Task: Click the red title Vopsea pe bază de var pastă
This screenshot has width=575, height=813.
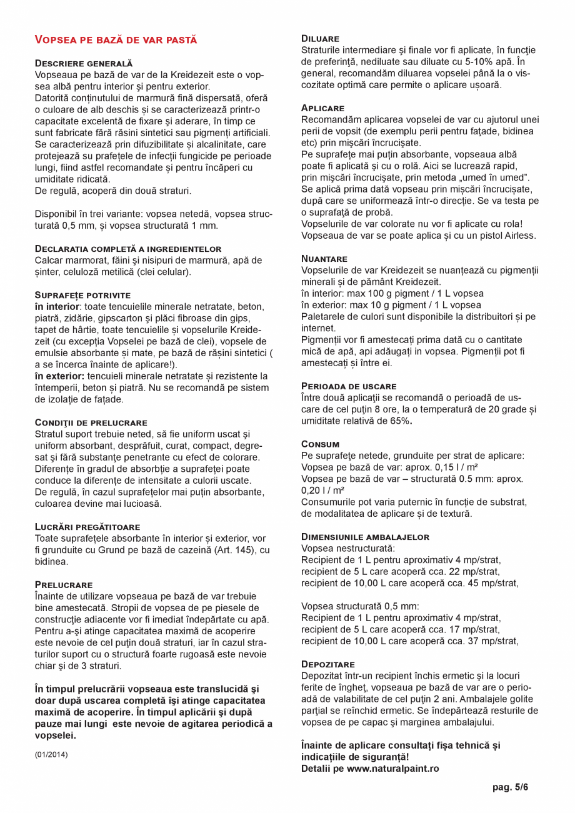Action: click(116, 40)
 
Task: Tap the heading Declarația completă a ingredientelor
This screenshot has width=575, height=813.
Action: click(127, 249)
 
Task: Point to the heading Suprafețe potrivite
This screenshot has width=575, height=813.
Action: click(82, 294)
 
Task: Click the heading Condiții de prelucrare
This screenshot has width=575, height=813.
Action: click(91, 423)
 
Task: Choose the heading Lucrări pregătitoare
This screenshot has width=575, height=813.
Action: click(87, 527)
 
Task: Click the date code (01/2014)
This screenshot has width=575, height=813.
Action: click(51, 754)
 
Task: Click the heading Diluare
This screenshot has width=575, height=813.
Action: click(320, 39)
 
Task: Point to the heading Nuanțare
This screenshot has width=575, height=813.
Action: click(324, 258)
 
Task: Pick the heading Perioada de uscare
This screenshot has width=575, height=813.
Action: click(349, 386)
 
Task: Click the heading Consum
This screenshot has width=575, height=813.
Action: click(320, 444)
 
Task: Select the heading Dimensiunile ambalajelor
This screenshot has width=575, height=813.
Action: click(365, 537)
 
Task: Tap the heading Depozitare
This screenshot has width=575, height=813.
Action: click(328, 664)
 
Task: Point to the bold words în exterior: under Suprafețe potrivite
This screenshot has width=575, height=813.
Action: click(60, 376)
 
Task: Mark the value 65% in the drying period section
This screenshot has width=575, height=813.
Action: click(401, 421)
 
